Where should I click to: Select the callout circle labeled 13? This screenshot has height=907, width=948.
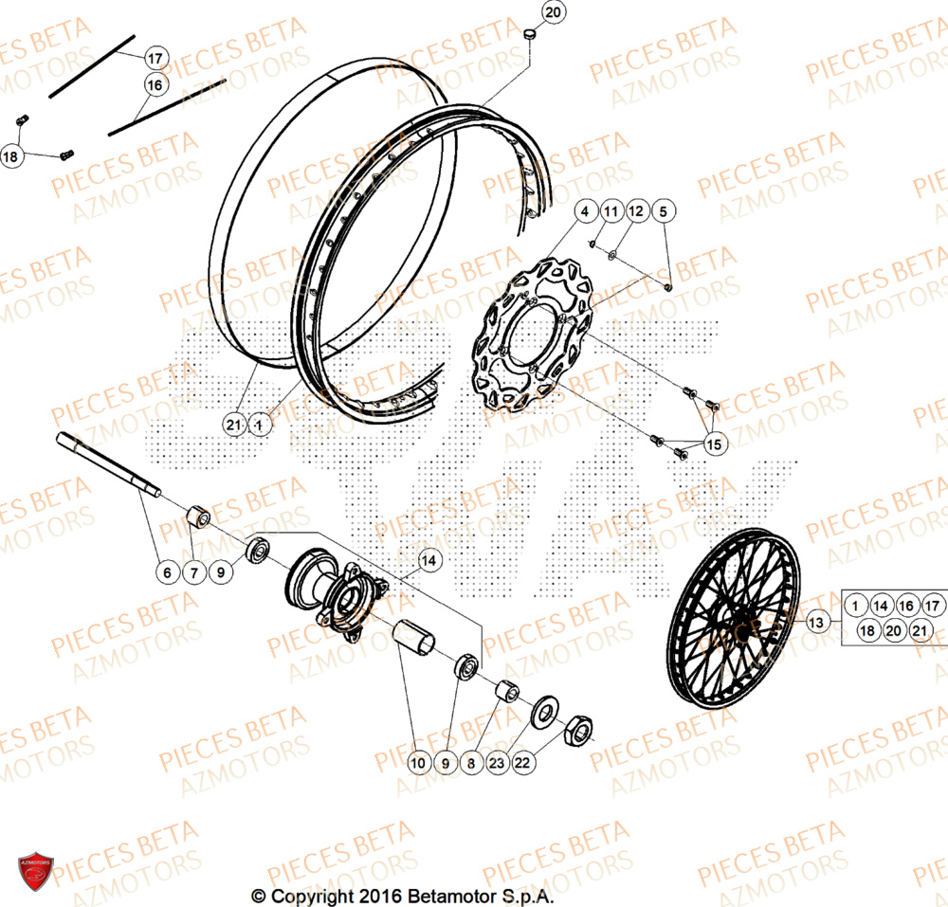pos(817,622)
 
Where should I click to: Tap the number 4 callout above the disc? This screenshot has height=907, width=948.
pos(585,210)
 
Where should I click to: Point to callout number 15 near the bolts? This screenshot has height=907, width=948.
pos(714,444)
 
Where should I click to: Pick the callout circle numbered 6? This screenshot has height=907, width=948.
pos(167,572)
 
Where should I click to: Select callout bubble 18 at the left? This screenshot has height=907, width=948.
pos(11,156)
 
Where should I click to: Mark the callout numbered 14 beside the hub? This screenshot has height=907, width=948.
pos(429,560)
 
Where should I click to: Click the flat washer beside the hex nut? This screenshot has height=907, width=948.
pos(547,710)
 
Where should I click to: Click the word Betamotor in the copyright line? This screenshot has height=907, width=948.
pos(451,896)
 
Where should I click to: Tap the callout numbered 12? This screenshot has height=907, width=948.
pos(635,210)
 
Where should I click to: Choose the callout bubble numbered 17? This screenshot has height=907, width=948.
pos(155,59)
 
